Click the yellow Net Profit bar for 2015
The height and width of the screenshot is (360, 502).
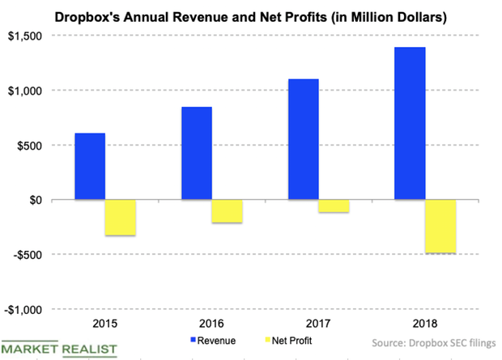[x=121, y=218]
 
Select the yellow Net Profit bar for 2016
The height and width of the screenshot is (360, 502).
[x=228, y=211]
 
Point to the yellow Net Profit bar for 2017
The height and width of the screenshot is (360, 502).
[x=334, y=206]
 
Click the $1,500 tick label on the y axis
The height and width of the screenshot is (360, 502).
[x=28, y=36]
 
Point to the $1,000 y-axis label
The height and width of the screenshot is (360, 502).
[x=28, y=91]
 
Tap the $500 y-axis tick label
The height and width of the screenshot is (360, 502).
[x=33, y=146]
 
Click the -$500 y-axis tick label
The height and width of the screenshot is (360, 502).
[x=31, y=255]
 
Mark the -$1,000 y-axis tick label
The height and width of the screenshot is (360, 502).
[x=27, y=310]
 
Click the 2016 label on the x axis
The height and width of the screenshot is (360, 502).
[x=212, y=324]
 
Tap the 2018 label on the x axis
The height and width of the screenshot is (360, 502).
[x=426, y=324]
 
